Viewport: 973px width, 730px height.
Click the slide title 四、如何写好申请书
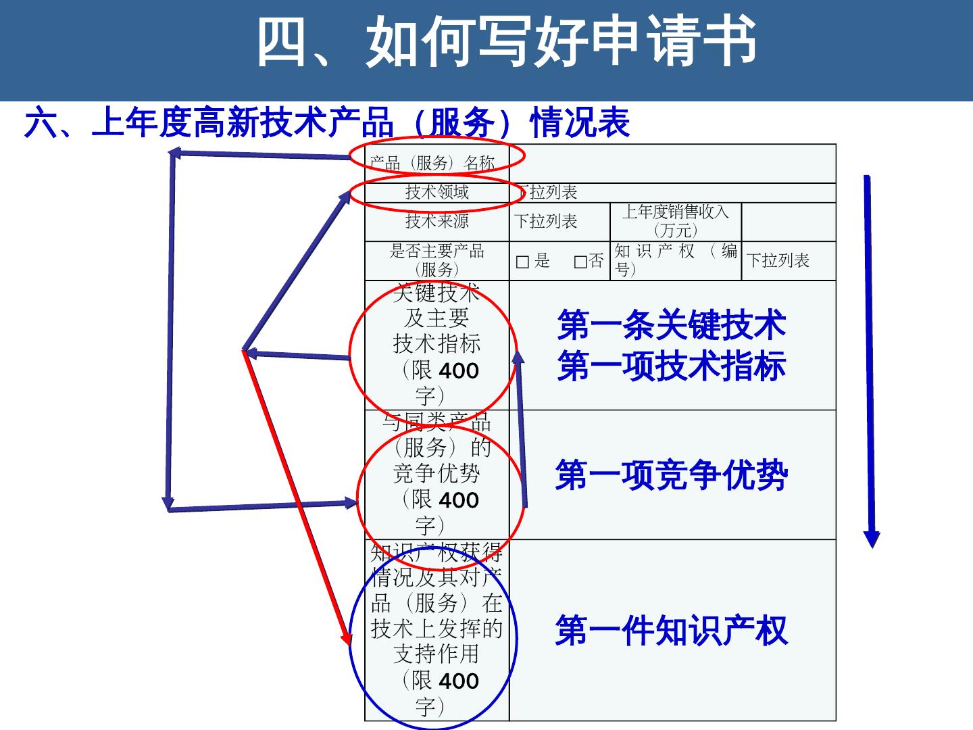[507, 42]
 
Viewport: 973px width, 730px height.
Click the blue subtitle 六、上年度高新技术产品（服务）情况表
[327, 123]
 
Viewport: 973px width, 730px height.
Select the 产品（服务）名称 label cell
[433, 162]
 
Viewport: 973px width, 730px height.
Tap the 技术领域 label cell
[436, 192]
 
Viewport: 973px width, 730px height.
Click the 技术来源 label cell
[436, 221]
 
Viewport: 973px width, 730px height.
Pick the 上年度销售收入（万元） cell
[675, 220]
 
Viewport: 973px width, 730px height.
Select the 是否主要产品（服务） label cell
[436, 260]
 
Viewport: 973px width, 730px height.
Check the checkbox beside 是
[522, 262]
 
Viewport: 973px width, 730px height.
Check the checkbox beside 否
[580, 262]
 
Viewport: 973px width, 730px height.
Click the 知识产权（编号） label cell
[675, 260]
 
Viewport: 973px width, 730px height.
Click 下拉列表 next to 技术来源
[546, 221]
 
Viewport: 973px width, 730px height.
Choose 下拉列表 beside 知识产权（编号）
[778, 261]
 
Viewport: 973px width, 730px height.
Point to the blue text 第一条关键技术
[672, 324]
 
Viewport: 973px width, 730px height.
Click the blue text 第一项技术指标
[672, 366]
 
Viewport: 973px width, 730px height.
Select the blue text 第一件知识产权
[672, 630]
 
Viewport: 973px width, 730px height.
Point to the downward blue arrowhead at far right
[872, 539]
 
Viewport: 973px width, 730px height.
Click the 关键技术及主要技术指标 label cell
[436, 345]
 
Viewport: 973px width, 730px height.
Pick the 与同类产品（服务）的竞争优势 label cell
[436, 474]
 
